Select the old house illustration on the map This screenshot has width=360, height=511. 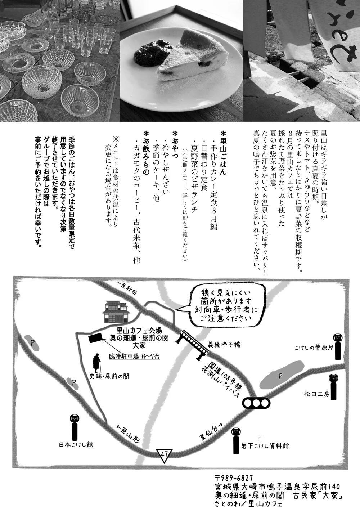[x=115, y=311]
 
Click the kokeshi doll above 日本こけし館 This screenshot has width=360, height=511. [x=75, y=427]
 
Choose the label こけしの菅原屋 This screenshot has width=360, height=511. [x=314, y=348]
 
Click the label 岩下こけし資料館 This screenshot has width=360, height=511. [x=265, y=446]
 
